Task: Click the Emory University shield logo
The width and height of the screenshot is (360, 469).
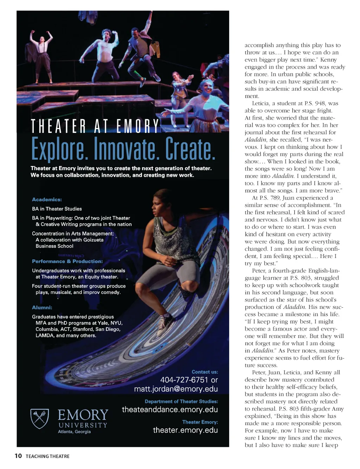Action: (39, 418)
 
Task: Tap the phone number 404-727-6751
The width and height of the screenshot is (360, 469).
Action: (184, 380)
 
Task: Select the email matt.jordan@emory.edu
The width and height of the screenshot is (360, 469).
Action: (176, 389)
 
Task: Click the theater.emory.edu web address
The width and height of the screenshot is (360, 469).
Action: (185, 430)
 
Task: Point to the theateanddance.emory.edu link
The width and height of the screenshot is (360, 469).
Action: (170, 410)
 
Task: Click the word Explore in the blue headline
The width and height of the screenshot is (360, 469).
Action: (58, 149)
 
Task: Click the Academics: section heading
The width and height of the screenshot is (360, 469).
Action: (47, 200)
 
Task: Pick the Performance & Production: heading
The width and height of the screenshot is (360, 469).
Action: (67, 262)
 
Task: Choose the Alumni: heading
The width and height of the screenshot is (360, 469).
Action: (42, 308)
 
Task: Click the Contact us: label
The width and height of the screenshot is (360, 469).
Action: (205, 372)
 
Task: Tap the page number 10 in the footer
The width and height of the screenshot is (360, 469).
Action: (18, 456)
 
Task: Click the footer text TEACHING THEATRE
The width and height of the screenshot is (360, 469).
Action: (47, 456)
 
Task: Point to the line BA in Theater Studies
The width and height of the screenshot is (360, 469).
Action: (57, 209)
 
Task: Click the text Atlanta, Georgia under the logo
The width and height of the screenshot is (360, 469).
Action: (74, 432)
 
